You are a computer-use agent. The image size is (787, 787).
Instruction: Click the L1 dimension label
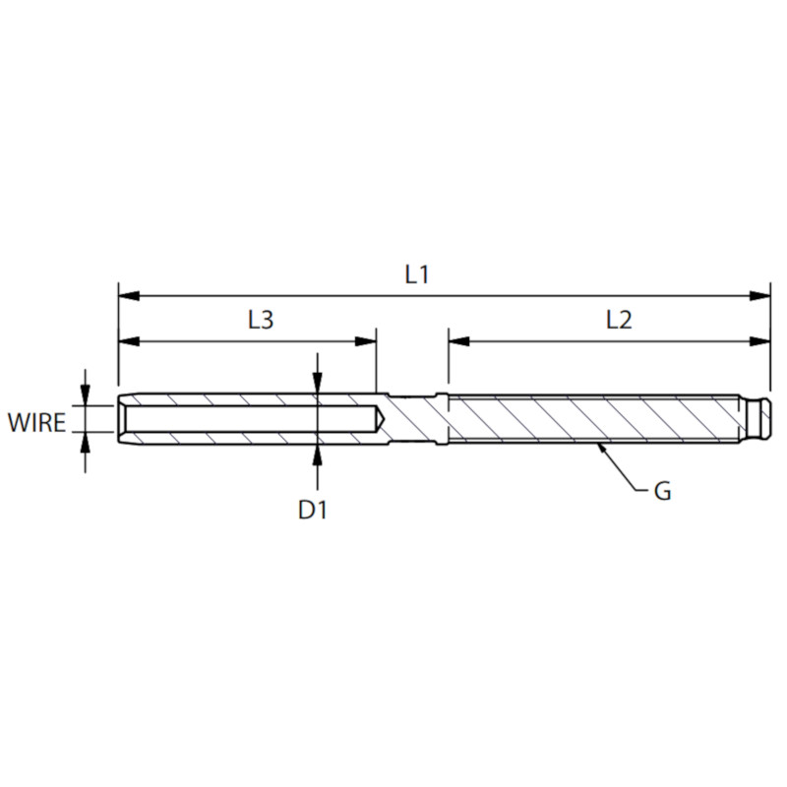point(416,275)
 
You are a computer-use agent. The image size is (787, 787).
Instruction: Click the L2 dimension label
point(619,320)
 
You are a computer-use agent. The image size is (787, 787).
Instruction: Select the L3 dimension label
point(261,320)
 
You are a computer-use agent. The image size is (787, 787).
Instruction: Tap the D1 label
point(312,510)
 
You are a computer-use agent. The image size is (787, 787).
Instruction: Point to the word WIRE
point(36,423)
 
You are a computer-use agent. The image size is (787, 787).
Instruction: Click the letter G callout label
point(662,491)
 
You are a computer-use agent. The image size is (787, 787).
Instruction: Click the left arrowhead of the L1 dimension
point(129,296)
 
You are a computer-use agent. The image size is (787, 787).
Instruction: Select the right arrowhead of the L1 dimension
point(759,296)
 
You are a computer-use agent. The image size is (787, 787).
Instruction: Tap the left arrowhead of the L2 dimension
point(459,341)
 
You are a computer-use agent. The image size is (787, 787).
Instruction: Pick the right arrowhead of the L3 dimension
point(365,341)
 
